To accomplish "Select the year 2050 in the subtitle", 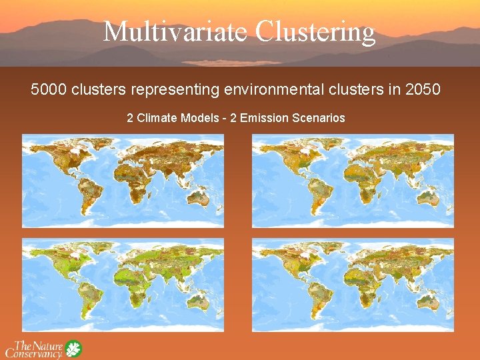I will tap(423, 89).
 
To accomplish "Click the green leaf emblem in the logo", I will tap(73, 348).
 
